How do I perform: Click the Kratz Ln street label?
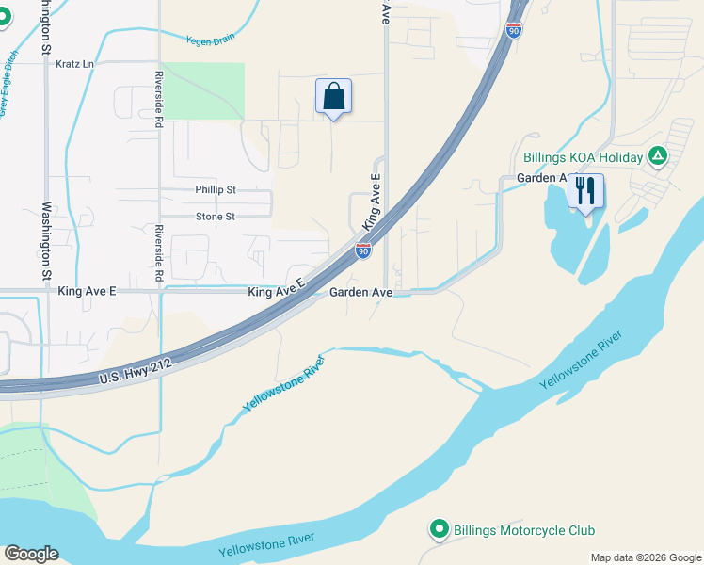(x=75, y=64)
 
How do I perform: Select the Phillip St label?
(x=216, y=189)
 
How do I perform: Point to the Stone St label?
(x=215, y=217)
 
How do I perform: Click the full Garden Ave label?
(x=360, y=293)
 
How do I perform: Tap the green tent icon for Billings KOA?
(x=658, y=156)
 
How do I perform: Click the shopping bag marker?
(x=333, y=96)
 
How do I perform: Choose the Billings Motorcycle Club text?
(x=524, y=531)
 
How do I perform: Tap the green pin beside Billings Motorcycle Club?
(x=439, y=530)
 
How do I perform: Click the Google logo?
(x=31, y=554)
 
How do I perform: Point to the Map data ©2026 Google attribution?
(x=646, y=557)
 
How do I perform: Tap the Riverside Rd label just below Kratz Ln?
(x=160, y=99)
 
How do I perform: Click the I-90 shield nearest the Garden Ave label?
(x=362, y=250)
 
